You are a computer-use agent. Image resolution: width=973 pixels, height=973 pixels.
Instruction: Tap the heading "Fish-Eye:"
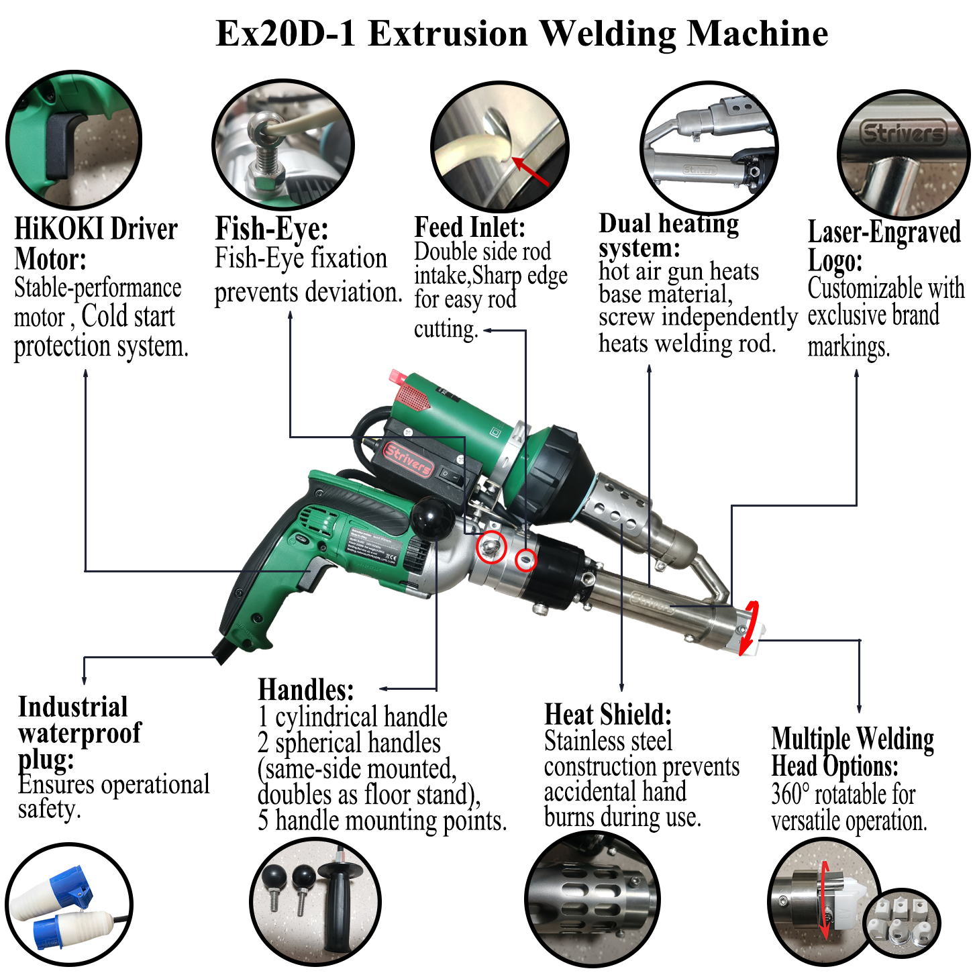tap(271, 229)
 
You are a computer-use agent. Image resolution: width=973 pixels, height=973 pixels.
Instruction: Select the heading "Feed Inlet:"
tap(469, 227)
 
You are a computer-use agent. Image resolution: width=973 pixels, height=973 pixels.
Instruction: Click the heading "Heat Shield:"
tap(607, 715)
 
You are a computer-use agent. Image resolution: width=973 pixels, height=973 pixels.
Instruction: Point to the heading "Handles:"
tap(305, 690)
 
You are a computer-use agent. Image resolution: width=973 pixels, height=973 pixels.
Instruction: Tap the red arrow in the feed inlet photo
tap(530, 172)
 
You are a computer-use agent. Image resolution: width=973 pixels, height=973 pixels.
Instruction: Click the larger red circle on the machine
tap(491, 547)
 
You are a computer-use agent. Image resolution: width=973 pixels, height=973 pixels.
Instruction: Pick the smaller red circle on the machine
tap(525, 559)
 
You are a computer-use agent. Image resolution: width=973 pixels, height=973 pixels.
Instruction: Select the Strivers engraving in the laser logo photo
tap(903, 134)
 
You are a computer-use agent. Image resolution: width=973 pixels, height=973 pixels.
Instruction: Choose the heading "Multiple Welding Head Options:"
tap(852, 752)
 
